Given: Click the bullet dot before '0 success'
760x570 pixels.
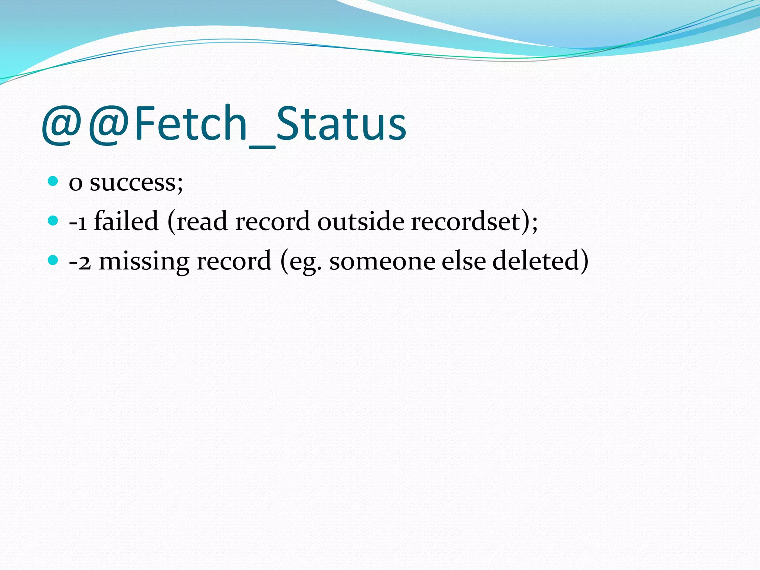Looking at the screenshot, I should [x=53, y=181].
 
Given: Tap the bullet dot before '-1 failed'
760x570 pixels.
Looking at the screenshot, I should [x=53, y=221].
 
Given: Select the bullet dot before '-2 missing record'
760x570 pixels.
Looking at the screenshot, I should [x=53, y=260].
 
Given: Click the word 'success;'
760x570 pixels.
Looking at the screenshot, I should [x=136, y=183].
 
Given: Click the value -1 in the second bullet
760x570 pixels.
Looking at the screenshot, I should [x=78, y=222].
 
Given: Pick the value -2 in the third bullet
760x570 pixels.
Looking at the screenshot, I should [x=80, y=262].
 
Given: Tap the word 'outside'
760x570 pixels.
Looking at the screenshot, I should [x=361, y=222].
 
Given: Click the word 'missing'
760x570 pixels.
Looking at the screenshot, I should [x=144, y=262].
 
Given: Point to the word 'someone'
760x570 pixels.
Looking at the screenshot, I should [x=382, y=262].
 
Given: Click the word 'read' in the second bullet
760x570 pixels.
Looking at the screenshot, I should [x=202, y=222].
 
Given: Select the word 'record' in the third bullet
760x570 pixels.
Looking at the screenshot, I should [x=234, y=262].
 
